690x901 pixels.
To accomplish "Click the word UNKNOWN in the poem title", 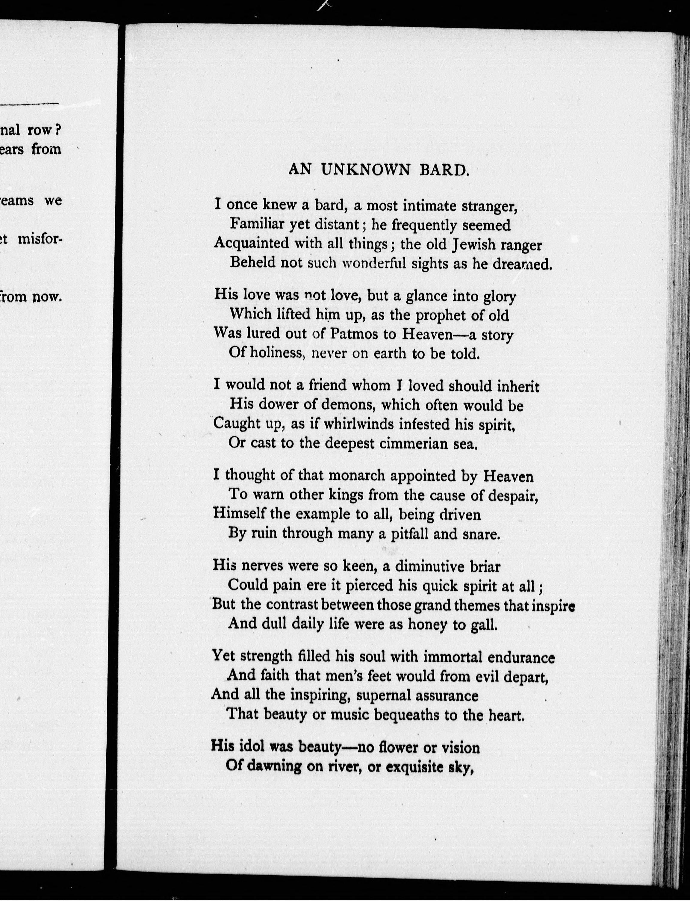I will click(x=365, y=170).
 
